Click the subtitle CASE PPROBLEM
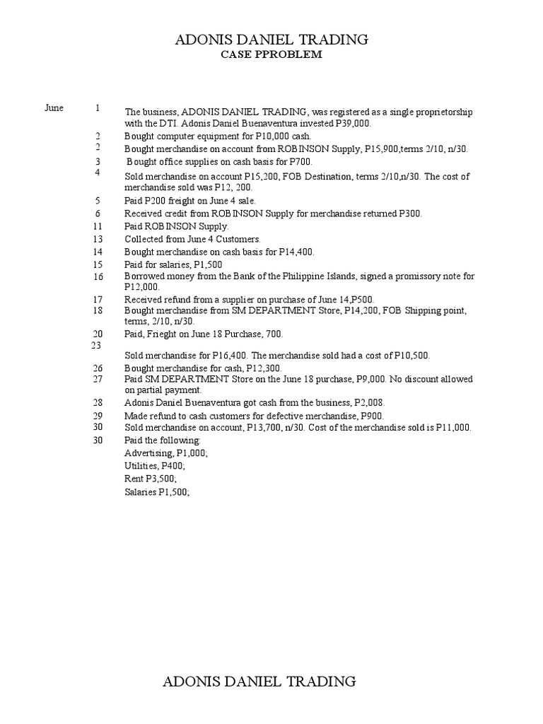272,55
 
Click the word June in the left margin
54,108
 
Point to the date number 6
98,213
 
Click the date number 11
98,226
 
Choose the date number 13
98,239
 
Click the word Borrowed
143,276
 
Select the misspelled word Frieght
165,333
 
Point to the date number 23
98,345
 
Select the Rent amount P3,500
160,479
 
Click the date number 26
98,368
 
